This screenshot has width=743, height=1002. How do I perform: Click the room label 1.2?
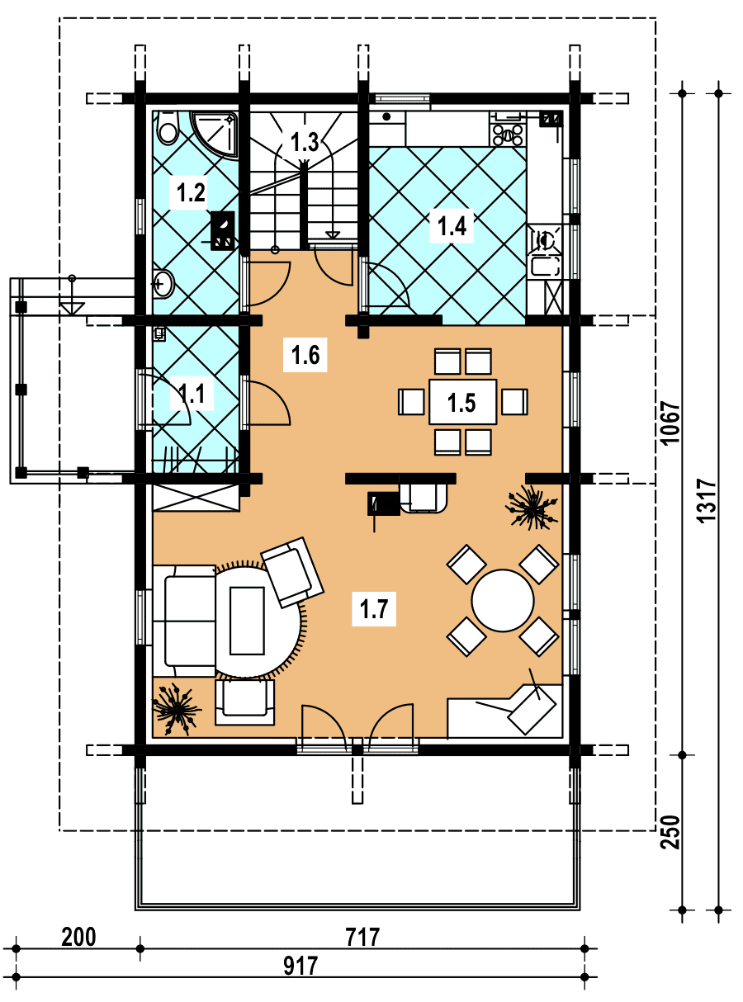pyautogui.click(x=191, y=192)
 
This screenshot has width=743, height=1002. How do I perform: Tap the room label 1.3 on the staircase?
pyautogui.click(x=305, y=142)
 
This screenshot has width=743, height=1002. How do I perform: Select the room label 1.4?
pyautogui.click(x=452, y=225)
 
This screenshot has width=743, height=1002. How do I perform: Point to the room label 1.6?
pyautogui.click(x=305, y=355)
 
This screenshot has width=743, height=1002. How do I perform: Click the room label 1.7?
pyautogui.click(x=374, y=608)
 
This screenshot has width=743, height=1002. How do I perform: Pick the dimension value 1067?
pyautogui.click(x=670, y=423)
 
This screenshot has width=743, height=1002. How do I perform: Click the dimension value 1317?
pyautogui.click(x=707, y=500)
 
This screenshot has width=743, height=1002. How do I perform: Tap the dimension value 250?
pyautogui.click(x=670, y=832)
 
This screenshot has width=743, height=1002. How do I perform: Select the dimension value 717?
pyautogui.click(x=362, y=937)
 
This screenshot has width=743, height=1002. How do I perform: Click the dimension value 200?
pyautogui.click(x=78, y=937)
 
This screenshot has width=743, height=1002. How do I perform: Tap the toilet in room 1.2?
pyautogui.click(x=168, y=127)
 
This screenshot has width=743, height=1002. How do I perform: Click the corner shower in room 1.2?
pyautogui.click(x=215, y=134)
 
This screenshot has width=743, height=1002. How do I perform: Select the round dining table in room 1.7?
pyautogui.click(x=502, y=600)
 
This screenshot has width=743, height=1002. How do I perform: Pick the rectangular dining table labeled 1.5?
pyautogui.click(x=462, y=402)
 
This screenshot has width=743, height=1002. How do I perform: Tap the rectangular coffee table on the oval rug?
pyautogui.click(x=247, y=621)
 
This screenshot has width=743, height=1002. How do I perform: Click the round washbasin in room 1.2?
pyautogui.click(x=163, y=284)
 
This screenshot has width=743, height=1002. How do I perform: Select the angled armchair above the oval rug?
pyautogui.click(x=292, y=572)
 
